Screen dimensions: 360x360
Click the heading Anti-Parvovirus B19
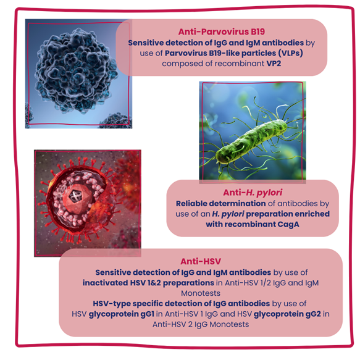point(222,31)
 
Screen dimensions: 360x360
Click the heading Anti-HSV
point(201,261)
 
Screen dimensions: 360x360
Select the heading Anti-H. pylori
point(253,193)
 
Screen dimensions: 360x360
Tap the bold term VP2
point(274,64)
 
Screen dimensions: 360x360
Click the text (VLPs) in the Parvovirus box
point(291,53)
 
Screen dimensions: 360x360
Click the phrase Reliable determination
point(220,203)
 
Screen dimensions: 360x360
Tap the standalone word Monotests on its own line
point(201,293)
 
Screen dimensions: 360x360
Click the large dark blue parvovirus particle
point(76,70)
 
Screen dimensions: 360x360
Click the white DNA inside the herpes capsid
point(75,196)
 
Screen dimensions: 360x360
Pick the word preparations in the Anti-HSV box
point(188,283)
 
